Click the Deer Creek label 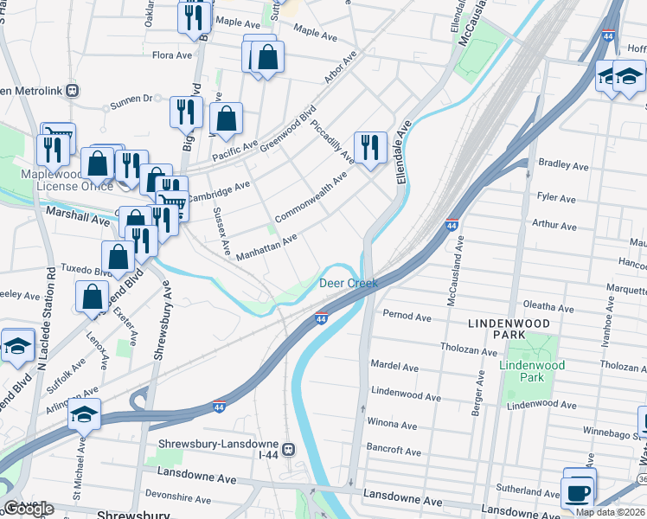(349, 283)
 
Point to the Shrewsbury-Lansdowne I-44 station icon (289, 449)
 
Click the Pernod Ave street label (405, 317)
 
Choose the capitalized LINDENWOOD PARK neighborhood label (509, 329)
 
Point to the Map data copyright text (610, 512)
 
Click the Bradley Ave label (563, 165)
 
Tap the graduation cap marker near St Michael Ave (84, 415)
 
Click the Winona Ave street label (394, 423)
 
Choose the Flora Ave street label (170, 54)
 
